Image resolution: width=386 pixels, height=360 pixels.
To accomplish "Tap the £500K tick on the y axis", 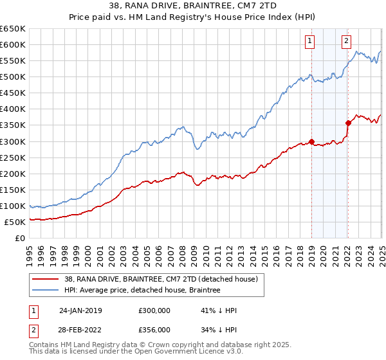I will coord(12,76).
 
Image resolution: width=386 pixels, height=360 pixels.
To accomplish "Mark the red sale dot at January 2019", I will coord(311,141).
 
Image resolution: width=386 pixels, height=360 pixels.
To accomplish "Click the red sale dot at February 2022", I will coord(348,123).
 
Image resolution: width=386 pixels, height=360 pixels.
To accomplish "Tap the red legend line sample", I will coord(46,279).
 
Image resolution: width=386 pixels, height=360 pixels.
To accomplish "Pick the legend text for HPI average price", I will coord(142,291).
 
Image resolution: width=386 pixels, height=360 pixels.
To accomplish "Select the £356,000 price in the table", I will coord(154,329).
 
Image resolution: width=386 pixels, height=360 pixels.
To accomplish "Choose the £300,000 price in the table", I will coord(154,310).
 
